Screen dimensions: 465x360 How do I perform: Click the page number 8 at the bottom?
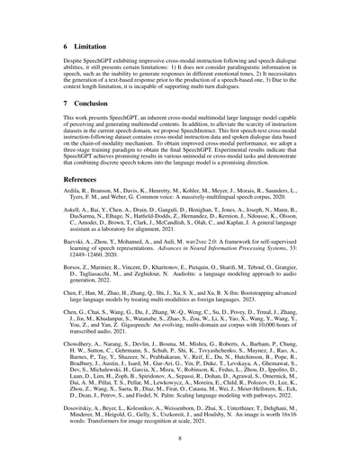click(x=180, y=438)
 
